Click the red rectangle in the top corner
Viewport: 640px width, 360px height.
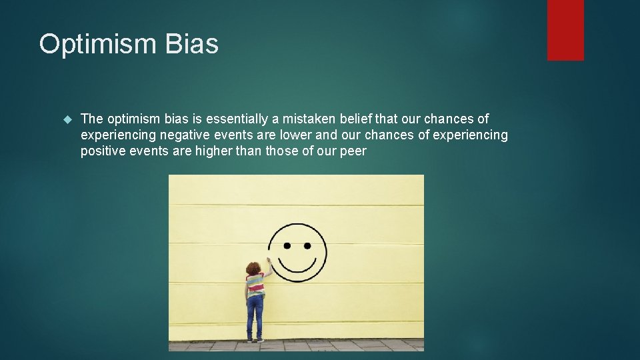pos(565,30)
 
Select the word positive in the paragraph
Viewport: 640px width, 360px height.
pos(103,151)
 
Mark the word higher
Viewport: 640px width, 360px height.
pos(217,151)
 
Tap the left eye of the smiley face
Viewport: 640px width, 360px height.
pos(287,245)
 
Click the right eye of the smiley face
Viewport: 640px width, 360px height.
pos(307,245)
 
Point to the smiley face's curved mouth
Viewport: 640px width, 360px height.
pos(298,270)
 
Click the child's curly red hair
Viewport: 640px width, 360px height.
pos(253,268)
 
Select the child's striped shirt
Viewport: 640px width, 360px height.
pos(255,285)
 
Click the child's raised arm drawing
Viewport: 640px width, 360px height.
pos(267,268)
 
